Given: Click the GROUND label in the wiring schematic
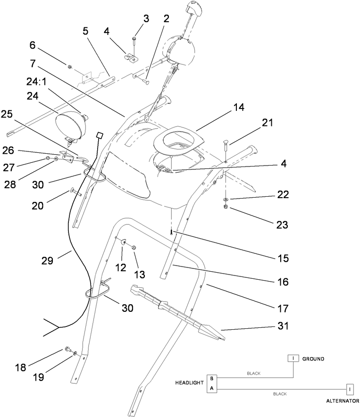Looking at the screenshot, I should click(313, 359).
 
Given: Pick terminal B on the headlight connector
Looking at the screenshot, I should click(212, 378).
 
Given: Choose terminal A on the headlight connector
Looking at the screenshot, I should click(212, 388).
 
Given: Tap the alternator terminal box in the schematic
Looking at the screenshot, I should click(350, 390).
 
